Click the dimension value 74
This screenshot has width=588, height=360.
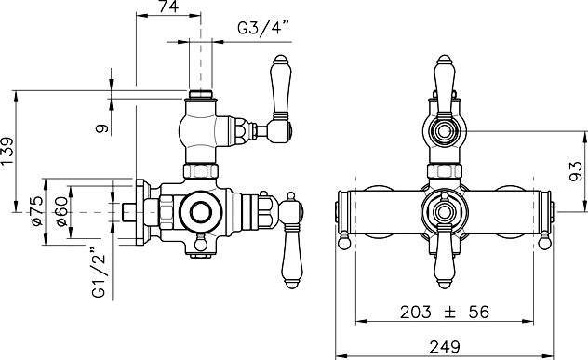click(168, 7)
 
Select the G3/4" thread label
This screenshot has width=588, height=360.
click(263, 28)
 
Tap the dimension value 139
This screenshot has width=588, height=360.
click(7, 151)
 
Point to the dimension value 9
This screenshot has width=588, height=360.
click(102, 128)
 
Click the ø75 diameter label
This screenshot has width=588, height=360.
click(37, 211)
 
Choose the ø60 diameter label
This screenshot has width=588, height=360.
click(62, 211)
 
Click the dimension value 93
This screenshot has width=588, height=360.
click(576, 171)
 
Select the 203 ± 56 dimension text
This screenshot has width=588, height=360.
click(445, 312)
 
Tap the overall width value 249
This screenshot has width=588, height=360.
click(445, 346)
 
